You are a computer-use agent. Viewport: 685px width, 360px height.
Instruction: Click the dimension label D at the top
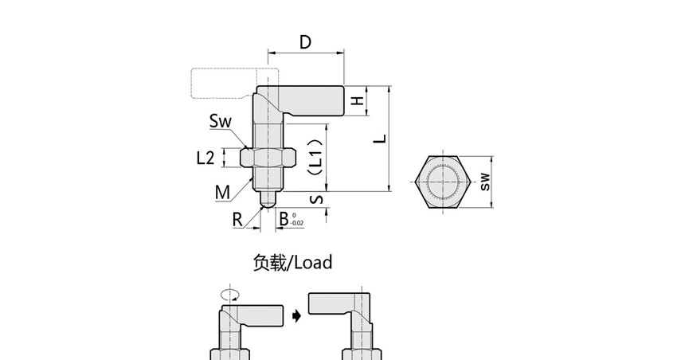tap(305, 42)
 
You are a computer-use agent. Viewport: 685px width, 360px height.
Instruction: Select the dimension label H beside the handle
tap(358, 100)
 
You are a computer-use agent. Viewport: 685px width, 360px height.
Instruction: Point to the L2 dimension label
tap(205, 158)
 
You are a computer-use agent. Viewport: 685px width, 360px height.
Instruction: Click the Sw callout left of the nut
tap(220, 121)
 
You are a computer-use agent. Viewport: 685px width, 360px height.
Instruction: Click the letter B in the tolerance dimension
tap(284, 218)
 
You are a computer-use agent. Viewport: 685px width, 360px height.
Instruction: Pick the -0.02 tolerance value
tap(296, 224)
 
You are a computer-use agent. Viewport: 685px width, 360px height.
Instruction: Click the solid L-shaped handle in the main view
tap(311, 100)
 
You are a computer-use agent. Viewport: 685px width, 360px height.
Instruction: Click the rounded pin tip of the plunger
tap(268, 200)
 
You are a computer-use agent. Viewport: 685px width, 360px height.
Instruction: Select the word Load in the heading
tap(313, 262)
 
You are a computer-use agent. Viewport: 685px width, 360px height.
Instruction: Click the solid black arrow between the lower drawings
tap(297, 316)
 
